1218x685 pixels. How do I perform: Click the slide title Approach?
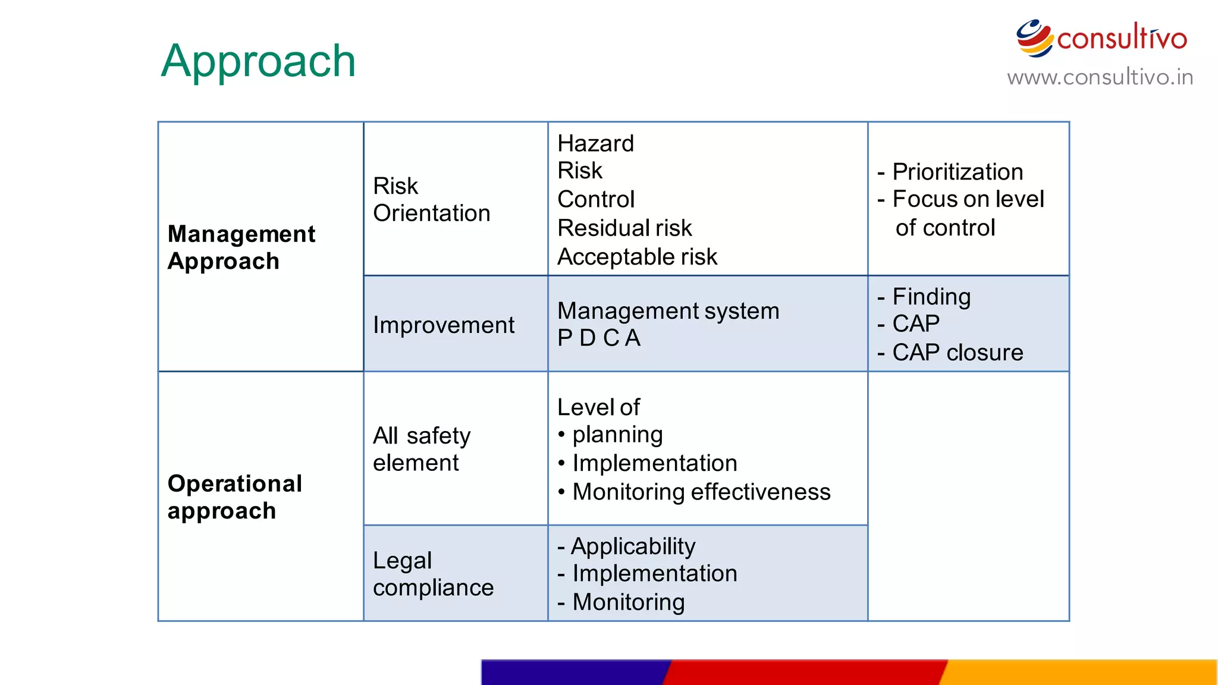258,61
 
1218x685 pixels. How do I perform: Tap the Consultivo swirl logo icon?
1034,38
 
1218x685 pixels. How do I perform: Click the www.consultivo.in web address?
1100,77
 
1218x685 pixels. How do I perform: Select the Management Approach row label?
241,247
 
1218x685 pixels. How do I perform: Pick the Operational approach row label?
234,497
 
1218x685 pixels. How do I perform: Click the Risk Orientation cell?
431,199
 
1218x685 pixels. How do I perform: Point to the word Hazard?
595,143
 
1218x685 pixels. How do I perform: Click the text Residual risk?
624,228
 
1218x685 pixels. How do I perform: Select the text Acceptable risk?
637,257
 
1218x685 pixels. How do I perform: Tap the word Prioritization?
958,172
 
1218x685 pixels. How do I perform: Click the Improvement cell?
443,325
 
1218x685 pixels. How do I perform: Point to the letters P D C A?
598,338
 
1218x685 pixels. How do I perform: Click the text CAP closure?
958,353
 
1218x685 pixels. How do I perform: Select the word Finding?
931,296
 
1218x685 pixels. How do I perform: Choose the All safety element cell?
421,449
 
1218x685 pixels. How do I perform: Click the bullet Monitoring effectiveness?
701,492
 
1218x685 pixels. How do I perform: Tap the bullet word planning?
617,435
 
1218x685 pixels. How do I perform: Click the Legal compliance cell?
433,574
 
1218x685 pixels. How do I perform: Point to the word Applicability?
633,546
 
